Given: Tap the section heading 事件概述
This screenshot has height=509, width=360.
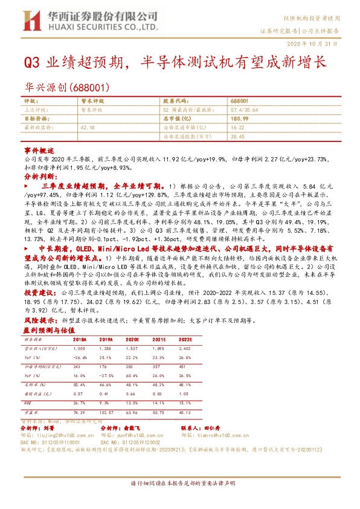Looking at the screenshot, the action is (x=39, y=149).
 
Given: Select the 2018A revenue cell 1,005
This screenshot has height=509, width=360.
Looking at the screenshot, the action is (x=79, y=349).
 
